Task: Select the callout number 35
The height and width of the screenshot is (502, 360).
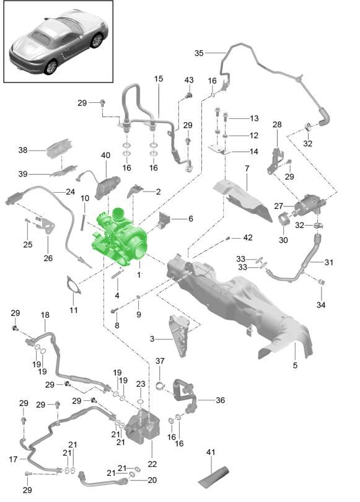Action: coord(199,53)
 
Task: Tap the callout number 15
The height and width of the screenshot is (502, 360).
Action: coord(158,79)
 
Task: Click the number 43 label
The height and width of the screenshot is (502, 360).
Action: coord(189,81)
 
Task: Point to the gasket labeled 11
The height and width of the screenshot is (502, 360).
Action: coord(74,289)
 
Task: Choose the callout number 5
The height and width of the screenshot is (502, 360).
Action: coord(295,366)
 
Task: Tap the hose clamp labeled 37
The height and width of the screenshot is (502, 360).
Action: coord(160,388)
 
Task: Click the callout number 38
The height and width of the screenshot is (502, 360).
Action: coord(23,150)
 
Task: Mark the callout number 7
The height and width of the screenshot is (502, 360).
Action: coord(246,169)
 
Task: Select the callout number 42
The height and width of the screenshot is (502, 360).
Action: coord(248,237)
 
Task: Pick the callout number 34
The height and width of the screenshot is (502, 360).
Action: coord(320,305)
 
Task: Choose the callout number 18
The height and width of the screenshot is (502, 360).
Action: coord(45,315)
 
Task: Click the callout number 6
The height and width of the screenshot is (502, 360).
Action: coord(190,218)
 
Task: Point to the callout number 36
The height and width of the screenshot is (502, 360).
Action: coord(220,400)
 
